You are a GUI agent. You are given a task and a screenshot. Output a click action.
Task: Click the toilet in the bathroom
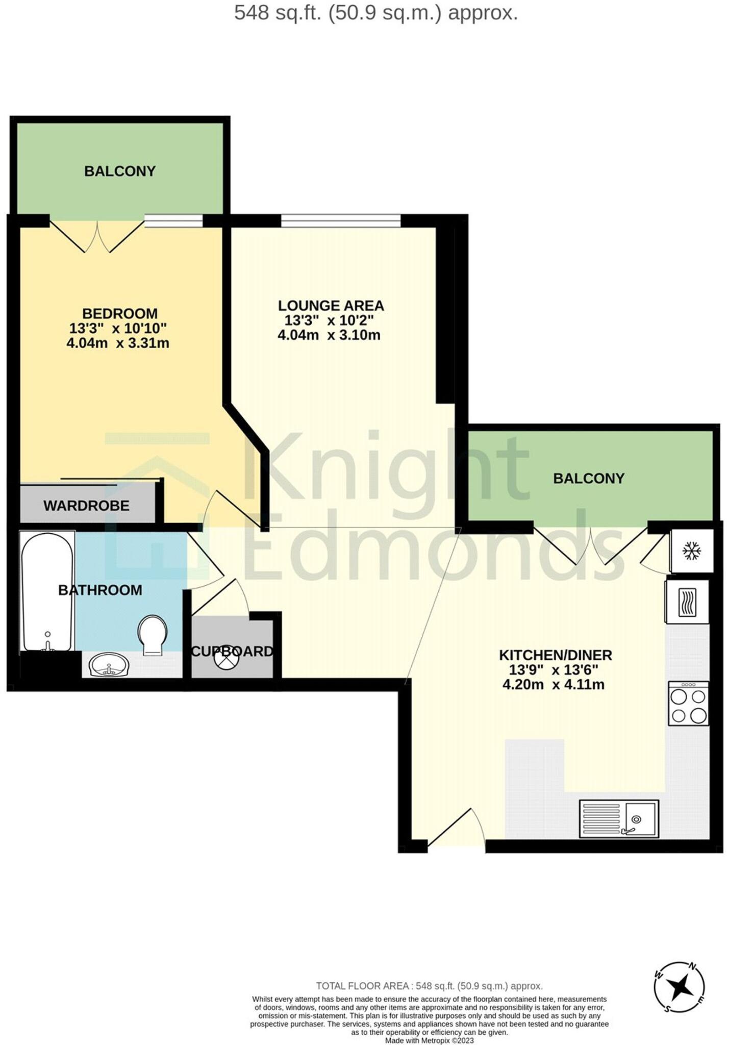point(153,635)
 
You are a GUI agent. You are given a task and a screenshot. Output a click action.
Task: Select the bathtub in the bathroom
point(47,592)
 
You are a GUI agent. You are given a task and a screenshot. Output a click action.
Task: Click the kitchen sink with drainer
point(619,818)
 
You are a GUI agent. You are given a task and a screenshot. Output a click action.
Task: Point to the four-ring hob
point(688,704)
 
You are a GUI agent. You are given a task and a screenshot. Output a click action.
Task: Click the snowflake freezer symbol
point(692,551)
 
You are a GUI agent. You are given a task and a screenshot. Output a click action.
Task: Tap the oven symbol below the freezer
point(687,602)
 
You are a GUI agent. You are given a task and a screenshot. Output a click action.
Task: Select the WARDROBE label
point(86,506)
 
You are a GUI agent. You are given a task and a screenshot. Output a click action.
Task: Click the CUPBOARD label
point(232,651)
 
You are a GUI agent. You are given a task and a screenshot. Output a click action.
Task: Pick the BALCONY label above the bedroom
point(120,171)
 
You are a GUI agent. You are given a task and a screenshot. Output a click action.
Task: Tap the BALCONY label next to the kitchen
point(589,478)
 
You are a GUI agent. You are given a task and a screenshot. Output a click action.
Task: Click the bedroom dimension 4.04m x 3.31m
point(118,343)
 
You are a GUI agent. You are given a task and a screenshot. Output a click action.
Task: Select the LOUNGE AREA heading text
point(331,306)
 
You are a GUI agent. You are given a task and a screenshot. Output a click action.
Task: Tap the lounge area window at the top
point(341,220)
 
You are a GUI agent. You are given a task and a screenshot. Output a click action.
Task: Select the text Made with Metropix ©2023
point(429,1040)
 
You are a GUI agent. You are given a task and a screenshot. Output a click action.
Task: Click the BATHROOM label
point(100,590)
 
